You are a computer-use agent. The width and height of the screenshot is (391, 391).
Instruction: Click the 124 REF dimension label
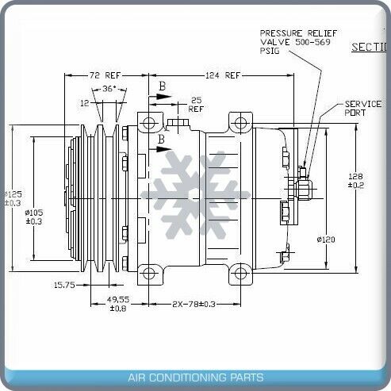tap(223, 75)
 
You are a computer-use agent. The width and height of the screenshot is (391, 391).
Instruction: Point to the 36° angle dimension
tap(108, 89)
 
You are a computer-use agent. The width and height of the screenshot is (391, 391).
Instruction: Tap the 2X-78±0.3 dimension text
tap(194, 304)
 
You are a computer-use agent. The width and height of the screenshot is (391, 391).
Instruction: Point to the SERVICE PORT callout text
tap(363, 109)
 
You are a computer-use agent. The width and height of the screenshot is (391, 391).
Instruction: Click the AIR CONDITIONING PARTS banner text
tap(195, 378)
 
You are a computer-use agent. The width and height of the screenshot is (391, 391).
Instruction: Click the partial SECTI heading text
tap(370, 47)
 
